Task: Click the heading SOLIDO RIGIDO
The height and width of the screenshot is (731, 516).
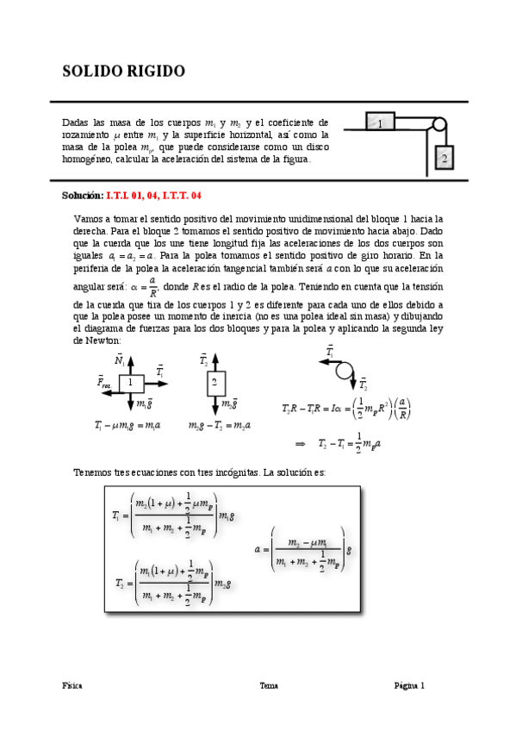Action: click(x=123, y=71)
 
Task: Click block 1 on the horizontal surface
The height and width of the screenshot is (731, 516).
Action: click(x=380, y=122)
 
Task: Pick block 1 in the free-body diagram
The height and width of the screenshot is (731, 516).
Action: click(x=131, y=382)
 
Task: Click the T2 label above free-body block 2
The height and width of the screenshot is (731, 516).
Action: click(x=204, y=360)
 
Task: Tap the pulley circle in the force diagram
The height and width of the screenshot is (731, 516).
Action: click(x=345, y=371)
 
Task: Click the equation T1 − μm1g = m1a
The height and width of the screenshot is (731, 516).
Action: click(x=127, y=425)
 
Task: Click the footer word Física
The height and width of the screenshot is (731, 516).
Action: click(x=72, y=686)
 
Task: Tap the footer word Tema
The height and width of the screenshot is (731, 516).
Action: click(x=269, y=686)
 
